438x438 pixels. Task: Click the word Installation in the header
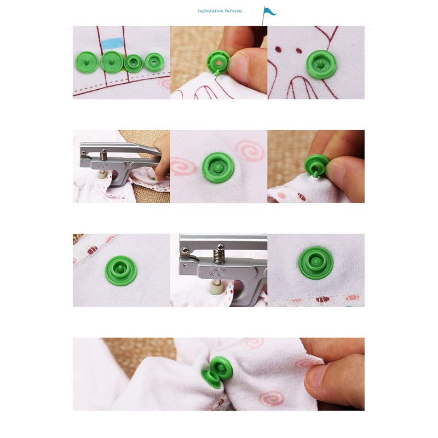click(208, 11)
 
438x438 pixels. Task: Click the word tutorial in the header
click(232, 11)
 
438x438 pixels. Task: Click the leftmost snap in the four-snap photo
click(86, 62)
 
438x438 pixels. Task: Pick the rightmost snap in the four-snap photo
click(154, 62)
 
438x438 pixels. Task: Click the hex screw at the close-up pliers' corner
click(185, 250)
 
